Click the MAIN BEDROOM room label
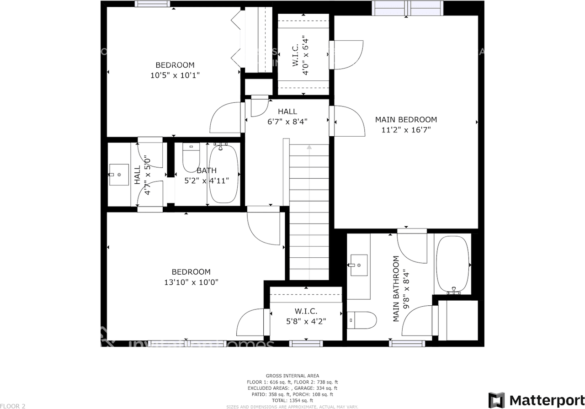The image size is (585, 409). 406,120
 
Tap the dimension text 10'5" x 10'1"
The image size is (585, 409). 175,75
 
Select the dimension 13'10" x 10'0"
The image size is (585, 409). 191,282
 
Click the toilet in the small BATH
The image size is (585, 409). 191,158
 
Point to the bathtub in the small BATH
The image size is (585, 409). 224,174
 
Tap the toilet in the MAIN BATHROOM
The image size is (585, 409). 362,320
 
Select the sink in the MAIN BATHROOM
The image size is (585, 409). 359,265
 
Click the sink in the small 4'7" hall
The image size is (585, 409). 119,174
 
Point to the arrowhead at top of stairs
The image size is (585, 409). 309,147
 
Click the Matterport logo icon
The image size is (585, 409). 496,400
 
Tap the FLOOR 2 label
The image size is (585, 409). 13,406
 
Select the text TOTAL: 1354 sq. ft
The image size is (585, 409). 292,400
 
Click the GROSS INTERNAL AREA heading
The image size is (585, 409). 292,376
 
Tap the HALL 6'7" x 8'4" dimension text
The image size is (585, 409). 287,122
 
